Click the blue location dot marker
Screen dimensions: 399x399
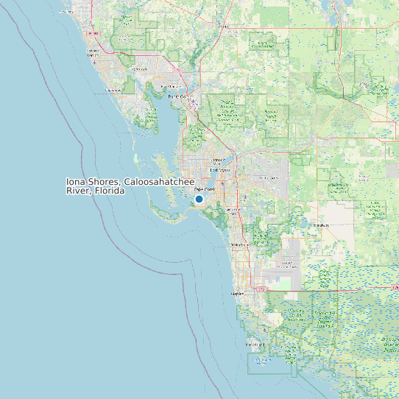tap(199, 199)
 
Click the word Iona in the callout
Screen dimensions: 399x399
tap(76, 182)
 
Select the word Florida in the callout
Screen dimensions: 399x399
tap(109, 191)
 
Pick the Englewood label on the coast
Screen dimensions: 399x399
tap(112, 90)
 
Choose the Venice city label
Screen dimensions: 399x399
tap(93, 54)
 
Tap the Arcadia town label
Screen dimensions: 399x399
tap(224, 27)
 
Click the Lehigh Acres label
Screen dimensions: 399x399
tap(269, 177)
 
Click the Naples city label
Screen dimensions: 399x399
tap(237, 293)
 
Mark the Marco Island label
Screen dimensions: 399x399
tap(255, 344)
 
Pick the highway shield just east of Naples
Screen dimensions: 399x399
tap(260, 289)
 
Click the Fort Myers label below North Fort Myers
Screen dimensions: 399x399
tap(220, 171)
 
